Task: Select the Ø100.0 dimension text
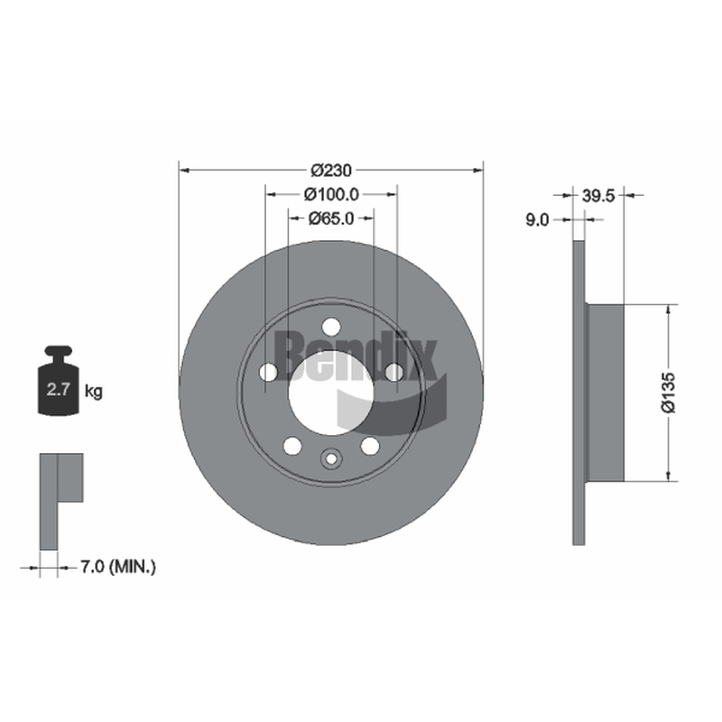331,193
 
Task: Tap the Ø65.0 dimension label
329,218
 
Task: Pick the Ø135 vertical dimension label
667,393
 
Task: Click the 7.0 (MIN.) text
118,567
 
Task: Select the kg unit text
93,391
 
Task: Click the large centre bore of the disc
330,392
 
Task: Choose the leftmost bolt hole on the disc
268,372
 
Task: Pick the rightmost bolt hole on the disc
393,371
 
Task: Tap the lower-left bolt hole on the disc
292,445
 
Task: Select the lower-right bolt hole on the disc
370,445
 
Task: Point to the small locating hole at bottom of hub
330,458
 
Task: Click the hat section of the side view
605,392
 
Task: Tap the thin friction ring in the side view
579,392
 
